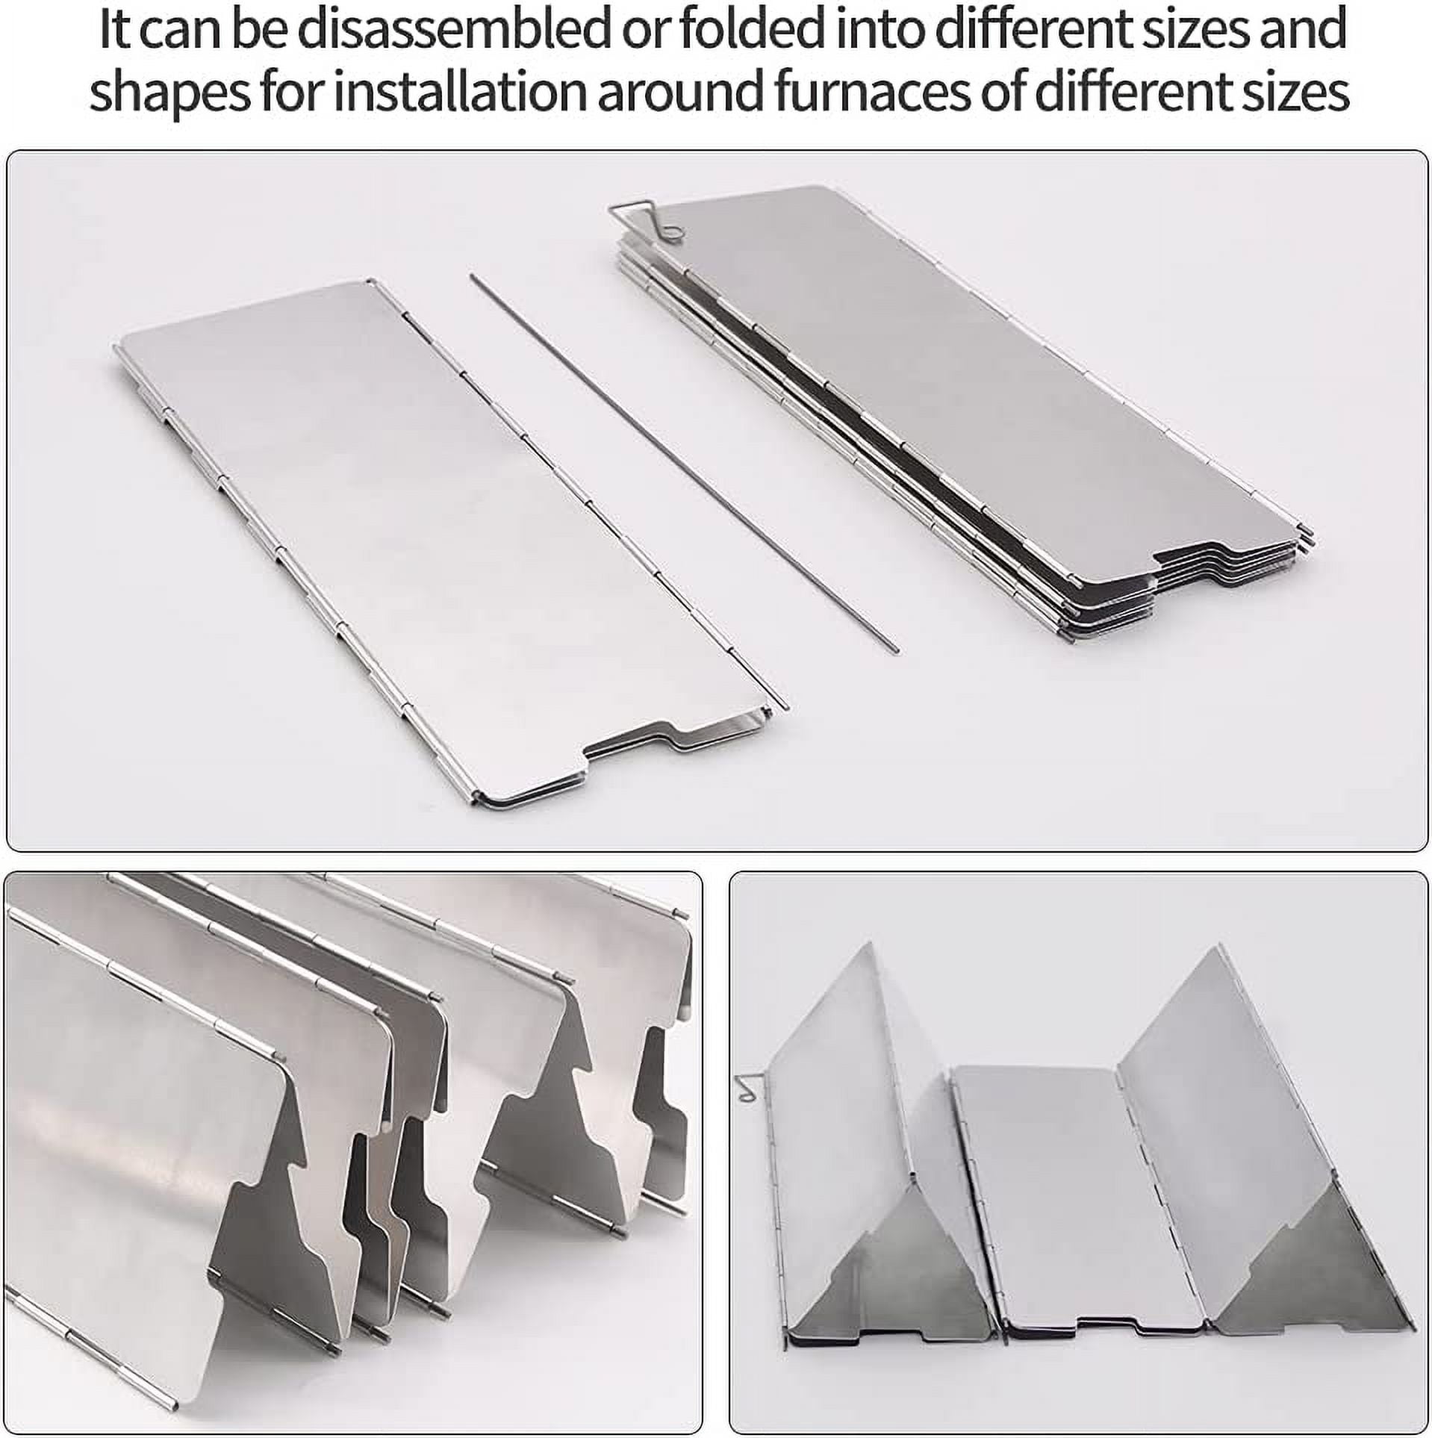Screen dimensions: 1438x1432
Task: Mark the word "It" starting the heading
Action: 116,31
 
